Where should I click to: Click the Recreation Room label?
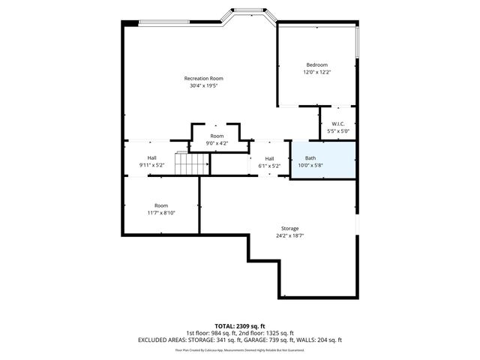(204, 79)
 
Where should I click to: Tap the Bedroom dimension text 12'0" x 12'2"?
(316, 73)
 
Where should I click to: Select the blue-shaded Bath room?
(322, 160)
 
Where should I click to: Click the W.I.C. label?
(337, 124)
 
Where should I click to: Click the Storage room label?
(289, 228)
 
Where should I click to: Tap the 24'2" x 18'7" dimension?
(289, 235)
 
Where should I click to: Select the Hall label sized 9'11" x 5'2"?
(152, 157)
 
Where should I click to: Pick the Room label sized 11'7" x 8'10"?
(161, 205)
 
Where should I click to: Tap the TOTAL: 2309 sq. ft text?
(240, 326)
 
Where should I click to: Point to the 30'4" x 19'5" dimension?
(204, 86)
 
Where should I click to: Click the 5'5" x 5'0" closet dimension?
(337, 131)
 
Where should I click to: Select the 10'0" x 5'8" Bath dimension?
(310, 165)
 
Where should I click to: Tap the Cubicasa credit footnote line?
(240, 349)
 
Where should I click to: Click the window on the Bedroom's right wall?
(358, 44)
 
